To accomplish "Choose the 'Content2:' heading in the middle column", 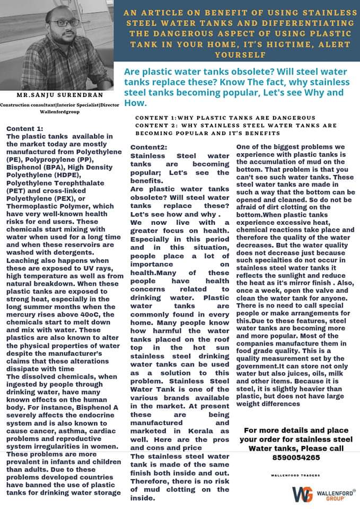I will point(149,146).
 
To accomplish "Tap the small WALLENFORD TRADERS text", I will point(295,475).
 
